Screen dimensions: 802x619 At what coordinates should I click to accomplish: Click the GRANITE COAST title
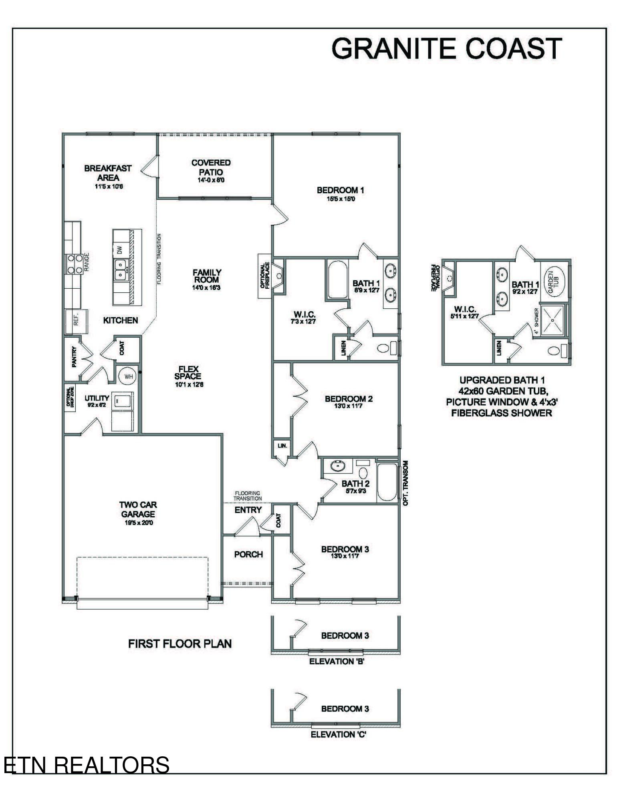446,48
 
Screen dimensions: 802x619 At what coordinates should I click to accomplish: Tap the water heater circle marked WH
128,377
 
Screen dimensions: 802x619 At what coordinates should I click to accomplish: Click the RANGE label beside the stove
87,263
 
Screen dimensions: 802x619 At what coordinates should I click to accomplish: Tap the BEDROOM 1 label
340,190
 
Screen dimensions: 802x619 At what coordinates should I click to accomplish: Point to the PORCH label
248,554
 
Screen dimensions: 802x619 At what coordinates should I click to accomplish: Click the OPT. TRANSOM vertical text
405,483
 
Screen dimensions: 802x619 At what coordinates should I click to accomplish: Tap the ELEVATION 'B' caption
336,661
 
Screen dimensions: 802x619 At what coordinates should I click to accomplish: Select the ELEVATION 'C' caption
339,734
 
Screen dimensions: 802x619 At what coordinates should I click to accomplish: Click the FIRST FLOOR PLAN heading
180,644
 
